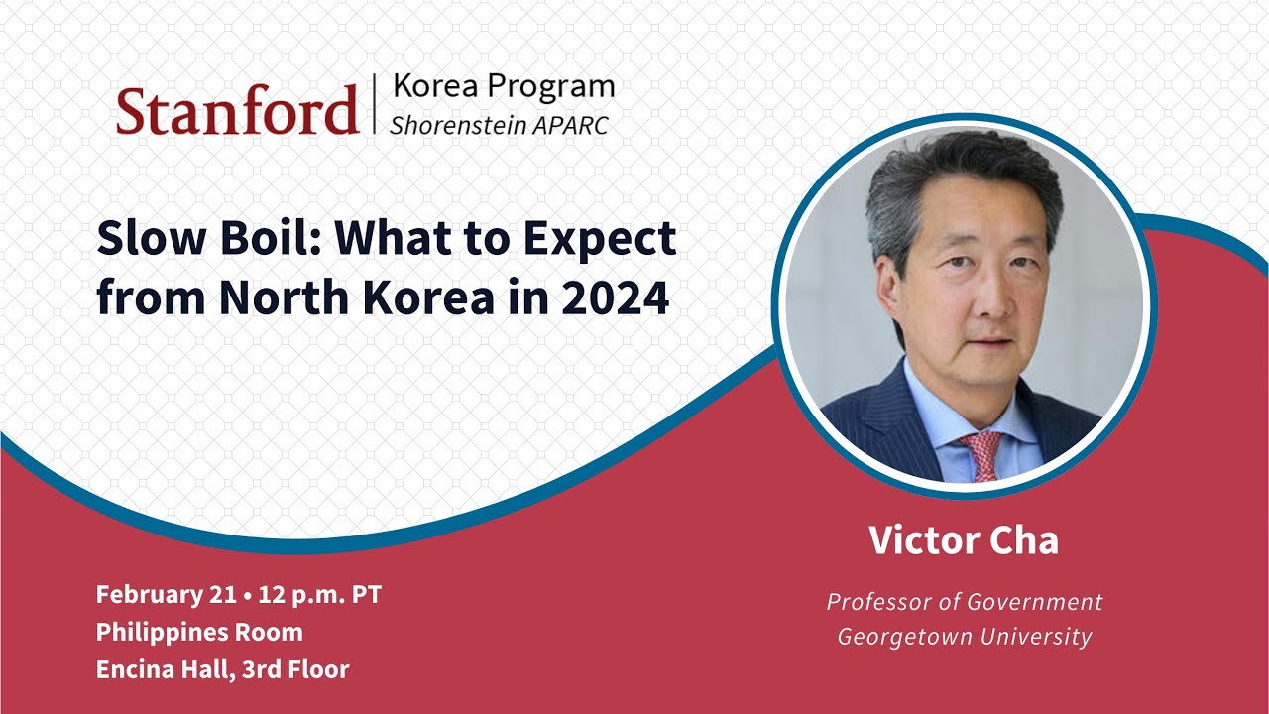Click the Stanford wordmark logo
[x=236, y=109]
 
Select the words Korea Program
[x=503, y=86]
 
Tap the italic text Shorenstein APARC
[x=499, y=126]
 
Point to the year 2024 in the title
[x=616, y=297]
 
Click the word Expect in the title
[x=609, y=238]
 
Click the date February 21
[x=165, y=595]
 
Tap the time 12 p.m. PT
[x=319, y=595]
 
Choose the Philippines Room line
[x=199, y=632]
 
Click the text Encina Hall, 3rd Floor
[x=222, y=669]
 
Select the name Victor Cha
[x=964, y=540]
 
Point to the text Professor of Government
[x=964, y=602]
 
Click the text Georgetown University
[x=964, y=637]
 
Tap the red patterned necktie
[x=981, y=456]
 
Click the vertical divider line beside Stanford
[x=375, y=104]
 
